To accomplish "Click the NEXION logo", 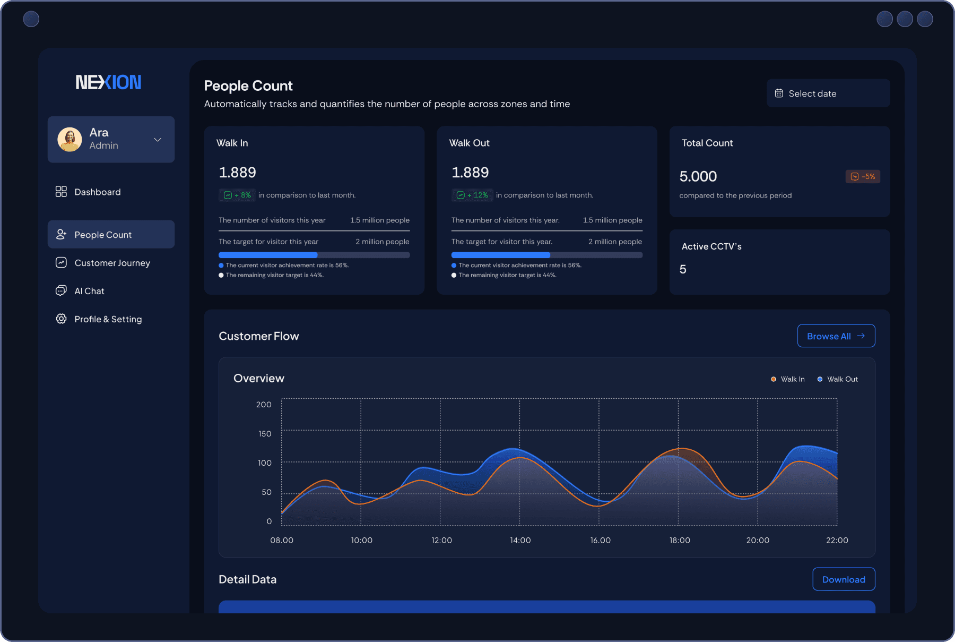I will pos(108,82).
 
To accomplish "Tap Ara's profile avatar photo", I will pos(70,139).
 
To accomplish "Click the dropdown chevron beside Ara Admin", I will pos(158,140).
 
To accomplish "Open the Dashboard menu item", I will pos(97,192).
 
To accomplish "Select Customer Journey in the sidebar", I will pos(112,263).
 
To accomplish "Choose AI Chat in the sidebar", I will pos(89,291).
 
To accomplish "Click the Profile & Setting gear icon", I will pos(61,319).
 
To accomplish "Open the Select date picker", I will pos(828,93).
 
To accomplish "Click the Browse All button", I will pos(836,336).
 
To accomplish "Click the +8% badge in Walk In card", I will pos(237,195).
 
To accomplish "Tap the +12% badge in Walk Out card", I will pos(472,195).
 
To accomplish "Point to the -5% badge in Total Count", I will pos(863,177).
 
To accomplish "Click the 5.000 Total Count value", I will pos(698,177).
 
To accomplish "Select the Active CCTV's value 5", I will pos(683,270).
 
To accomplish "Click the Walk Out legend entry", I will pos(838,379).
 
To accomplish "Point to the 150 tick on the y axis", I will pos(265,434).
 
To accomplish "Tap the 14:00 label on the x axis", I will pos(520,540).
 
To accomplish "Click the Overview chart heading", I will pos(259,379).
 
